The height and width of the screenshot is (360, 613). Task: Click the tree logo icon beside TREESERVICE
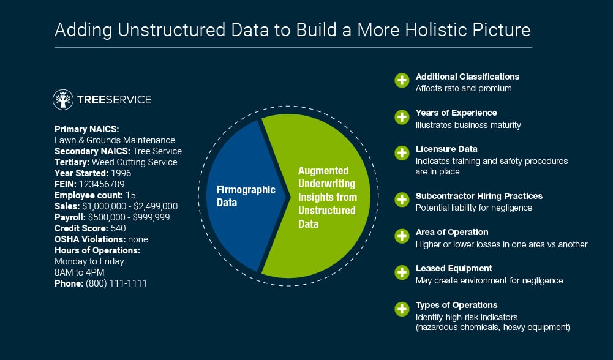(63, 100)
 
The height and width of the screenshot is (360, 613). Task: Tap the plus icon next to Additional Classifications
(402, 81)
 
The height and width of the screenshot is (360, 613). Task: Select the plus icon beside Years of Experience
(402, 117)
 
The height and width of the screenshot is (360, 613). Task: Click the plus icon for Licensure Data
(402, 153)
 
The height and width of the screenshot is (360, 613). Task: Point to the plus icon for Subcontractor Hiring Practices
(402, 200)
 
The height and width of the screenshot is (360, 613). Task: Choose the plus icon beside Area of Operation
(402, 236)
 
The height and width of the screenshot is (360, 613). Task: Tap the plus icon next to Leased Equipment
(402, 272)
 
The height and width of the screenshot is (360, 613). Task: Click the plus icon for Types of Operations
(402, 309)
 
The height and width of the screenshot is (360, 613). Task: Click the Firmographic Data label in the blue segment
(246, 196)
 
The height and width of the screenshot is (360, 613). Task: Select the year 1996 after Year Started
(121, 173)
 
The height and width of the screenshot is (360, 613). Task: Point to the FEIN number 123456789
(102, 184)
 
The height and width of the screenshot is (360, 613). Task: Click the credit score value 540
(118, 228)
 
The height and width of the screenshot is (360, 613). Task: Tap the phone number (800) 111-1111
(116, 283)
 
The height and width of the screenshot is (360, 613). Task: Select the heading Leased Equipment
(454, 269)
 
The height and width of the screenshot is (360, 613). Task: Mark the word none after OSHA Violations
(138, 239)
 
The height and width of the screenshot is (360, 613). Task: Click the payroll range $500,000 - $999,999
(129, 217)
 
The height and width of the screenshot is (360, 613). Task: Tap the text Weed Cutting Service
(135, 162)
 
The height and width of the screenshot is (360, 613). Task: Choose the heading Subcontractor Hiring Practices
(479, 196)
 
